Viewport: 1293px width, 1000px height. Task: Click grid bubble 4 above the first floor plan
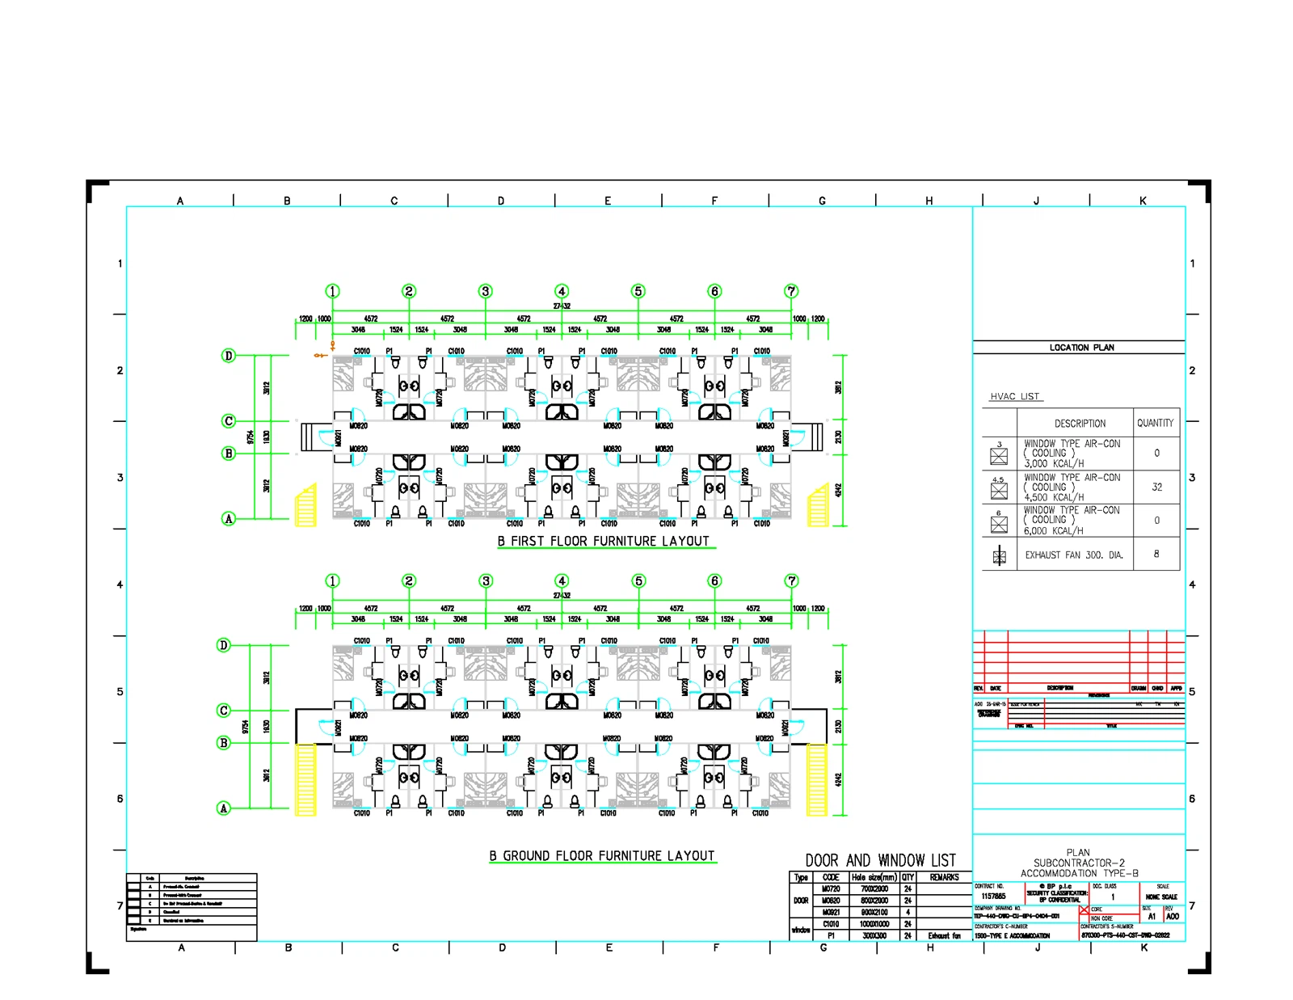pyautogui.click(x=562, y=291)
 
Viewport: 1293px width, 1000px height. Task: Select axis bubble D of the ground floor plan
pyautogui.click(x=224, y=645)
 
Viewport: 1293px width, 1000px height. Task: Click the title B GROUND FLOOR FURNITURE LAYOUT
pyautogui.click(x=602, y=856)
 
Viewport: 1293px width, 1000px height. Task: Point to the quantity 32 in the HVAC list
pyautogui.click(x=1156, y=487)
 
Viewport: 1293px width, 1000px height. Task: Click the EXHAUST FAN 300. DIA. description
pyautogui.click(x=1074, y=555)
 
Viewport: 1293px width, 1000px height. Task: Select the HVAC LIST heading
pyautogui.click(x=1015, y=397)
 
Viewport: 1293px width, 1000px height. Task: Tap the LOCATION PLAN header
pyautogui.click(x=1081, y=348)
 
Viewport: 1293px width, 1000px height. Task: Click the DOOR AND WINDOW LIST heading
pyautogui.click(x=880, y=861)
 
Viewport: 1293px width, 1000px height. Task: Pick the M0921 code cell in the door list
pyautogui.click(x=831, y=912)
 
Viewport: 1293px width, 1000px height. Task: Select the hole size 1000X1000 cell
pyautogui.click(x=874, y=924)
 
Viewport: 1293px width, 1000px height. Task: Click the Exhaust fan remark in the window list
pyautogui.click(x=944, y=935)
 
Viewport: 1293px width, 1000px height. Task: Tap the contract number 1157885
pyautogui.click(x=993, y=897)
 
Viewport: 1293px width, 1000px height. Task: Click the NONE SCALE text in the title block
pyautogui.click(x=1161, y=897)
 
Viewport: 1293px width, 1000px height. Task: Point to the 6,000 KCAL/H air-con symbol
pyautogui.click(x=999, y=525)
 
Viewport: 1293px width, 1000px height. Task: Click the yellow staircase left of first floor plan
pyautogui.click(x=305, y=506)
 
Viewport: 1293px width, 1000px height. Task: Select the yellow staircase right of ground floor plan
pyautogui.click(x=817, y=779)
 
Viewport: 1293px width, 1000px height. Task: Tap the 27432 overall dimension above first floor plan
pyautogui.click(x=562, y=306)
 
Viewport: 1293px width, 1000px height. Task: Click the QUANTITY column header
pyautogui.click(x=1155, y=423)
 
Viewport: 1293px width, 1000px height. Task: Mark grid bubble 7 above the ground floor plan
pyautogui.click(x=792, y=580)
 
